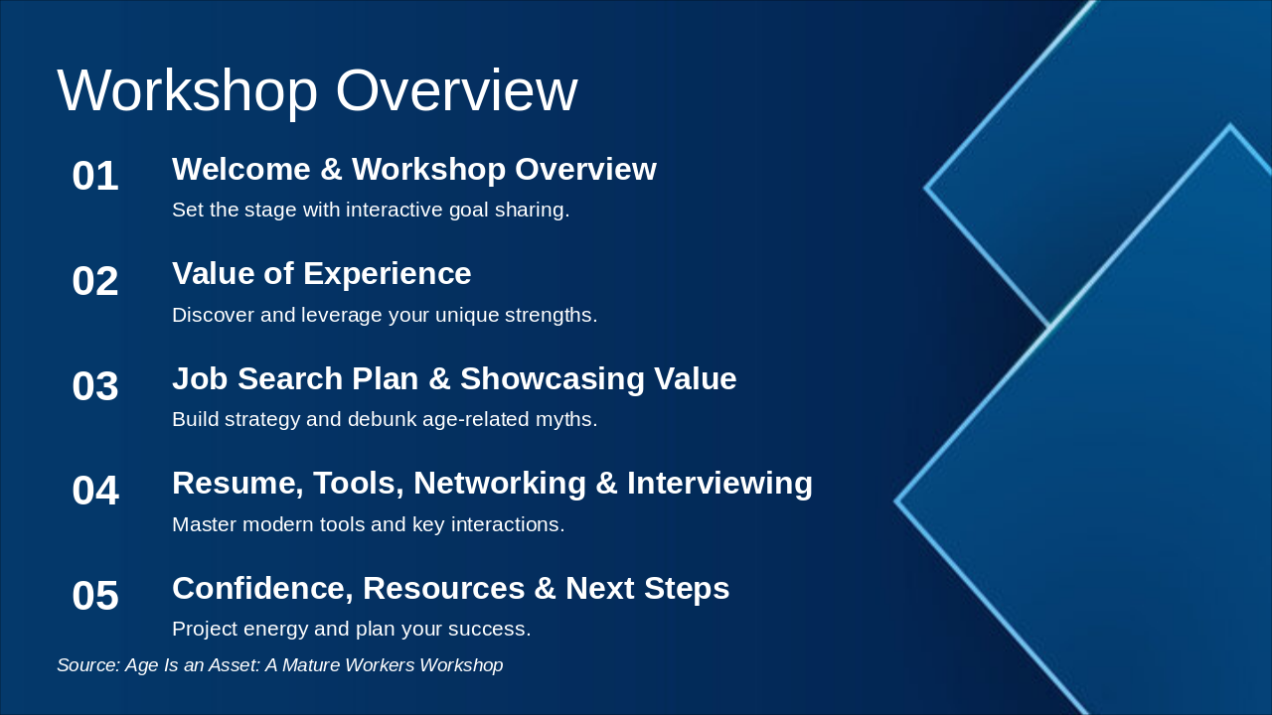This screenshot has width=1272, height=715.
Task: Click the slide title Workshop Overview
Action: click(x=317, y=91)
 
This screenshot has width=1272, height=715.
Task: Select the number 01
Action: click(x=95, y=177)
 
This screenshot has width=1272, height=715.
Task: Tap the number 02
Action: click(x=95, y=282)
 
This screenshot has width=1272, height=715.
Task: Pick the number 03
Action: click(x=95, y=386)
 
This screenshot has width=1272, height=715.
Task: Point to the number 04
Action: click(x=95, y=492)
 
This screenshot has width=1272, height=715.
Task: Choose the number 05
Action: click(x=95, y=597)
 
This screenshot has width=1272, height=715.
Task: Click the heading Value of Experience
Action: click(x=321, y=273)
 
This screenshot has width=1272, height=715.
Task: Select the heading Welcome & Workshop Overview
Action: click(x=413, y=169)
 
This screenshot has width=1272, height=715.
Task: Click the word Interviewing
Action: click(x=719, y=483)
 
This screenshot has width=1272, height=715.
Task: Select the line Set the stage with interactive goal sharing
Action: click(x=371, y=211)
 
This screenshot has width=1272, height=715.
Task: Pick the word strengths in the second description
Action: click(x=552, y=316)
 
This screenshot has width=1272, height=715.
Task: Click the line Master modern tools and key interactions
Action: click(x=368, y=524)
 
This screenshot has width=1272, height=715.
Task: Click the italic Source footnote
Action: click(x=279, y=665)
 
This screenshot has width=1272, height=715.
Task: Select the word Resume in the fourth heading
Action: click(x=238, y=483)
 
